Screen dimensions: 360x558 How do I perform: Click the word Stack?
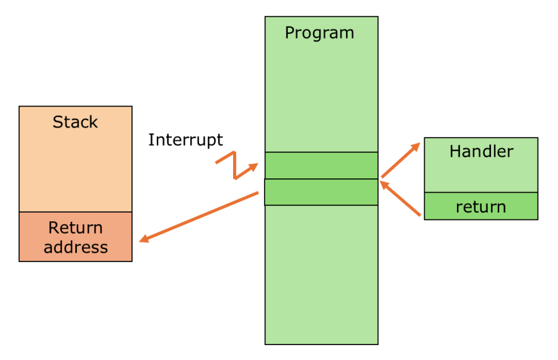(x=75, y=122)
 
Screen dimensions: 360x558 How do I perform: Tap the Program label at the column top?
(x=319, y=33)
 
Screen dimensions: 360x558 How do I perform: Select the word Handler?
(x=481, y=151)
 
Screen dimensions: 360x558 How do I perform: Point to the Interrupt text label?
(x=185, y=140)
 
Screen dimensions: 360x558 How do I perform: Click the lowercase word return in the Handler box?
(x=480, y=207)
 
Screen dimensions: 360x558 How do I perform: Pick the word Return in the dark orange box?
(x=76, y=227)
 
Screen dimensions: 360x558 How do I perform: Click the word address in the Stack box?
(x=76, y=247)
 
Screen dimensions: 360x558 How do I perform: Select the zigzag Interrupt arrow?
(x=236, y=165)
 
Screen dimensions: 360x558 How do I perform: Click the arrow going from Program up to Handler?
(x=401, y=160)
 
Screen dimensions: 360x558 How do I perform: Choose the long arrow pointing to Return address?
(x=198, y=217)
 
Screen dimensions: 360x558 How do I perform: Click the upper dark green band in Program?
(x=321, y=165)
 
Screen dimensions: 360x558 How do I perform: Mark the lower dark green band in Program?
(x=321, y=192)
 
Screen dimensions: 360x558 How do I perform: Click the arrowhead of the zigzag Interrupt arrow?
(x=254, y=166)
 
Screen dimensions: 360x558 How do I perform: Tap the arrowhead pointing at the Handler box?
(x=416, y=146)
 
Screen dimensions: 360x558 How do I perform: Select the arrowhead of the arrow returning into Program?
(x=384, y=184)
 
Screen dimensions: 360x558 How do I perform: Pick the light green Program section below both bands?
(x=321, y=273)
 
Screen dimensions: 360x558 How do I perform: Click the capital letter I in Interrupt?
(x=151, y=140)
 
